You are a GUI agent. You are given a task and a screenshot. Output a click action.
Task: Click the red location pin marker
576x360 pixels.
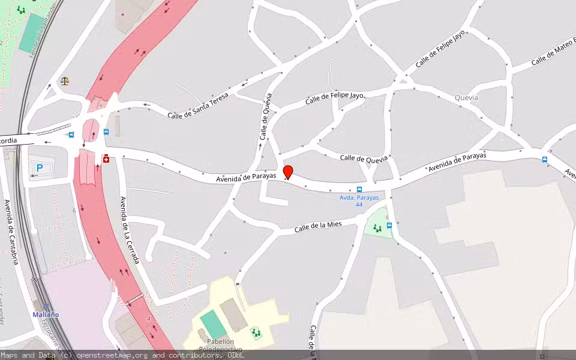(288, 172)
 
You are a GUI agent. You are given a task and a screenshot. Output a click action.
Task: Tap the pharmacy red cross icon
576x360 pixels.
(106, 158)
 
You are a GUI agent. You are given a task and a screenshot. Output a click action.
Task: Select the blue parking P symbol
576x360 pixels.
(40, 169)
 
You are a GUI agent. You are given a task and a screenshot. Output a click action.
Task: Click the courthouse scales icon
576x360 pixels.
(65, 80)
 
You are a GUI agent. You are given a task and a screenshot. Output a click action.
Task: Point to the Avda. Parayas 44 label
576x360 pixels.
(359, 200)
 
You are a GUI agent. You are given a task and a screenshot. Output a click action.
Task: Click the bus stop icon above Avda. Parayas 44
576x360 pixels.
(359, 190)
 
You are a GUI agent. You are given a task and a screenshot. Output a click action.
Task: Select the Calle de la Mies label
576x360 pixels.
(317, 227)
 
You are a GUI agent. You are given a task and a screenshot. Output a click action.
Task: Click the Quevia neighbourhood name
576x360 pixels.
(466, 97)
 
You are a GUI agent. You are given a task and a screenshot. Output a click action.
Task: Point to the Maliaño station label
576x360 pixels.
(46, 314)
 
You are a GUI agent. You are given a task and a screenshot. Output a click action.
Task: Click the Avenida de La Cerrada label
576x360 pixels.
(130, 230)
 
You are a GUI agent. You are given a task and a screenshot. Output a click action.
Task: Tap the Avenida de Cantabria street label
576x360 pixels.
(11, 232)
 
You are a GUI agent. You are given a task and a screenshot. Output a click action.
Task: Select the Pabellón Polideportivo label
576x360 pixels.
(220, 345)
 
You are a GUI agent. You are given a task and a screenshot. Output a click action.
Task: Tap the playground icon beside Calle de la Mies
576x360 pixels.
(377, 228)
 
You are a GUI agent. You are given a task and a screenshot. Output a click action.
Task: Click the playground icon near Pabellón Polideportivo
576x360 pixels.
(256, 332)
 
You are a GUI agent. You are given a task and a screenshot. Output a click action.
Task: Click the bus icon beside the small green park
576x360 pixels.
(389, 226)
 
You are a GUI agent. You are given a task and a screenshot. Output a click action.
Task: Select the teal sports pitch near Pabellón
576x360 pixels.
(213, 325)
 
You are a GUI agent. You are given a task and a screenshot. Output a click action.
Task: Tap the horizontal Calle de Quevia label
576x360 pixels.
(364, 158)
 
